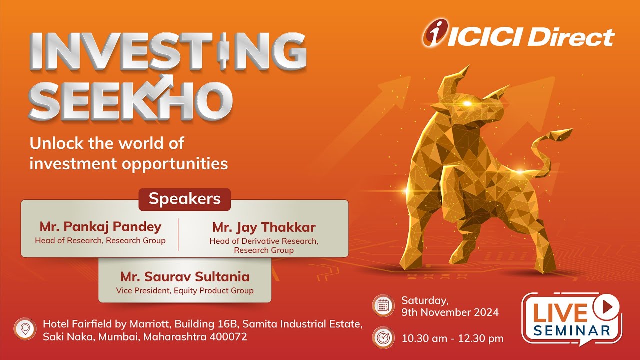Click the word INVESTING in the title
(x=168, y=52)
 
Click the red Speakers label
(x=184, y=199)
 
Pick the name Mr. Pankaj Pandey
(x=100, y=227)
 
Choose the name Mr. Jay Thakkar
(x=264, y=227)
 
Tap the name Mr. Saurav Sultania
(x=185, y=276)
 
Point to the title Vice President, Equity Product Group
(x=185, y=290)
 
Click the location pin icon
(x=24, y=328)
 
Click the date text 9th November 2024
(x=450, y=313)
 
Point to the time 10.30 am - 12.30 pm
(x=452, y=338)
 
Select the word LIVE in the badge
(x=559, y=312)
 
